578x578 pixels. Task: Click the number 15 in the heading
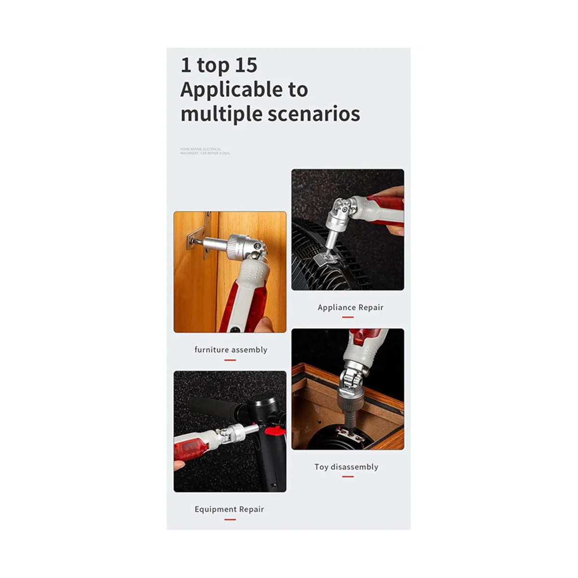pos(246,66)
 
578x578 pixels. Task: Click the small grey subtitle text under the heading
pos(205,151)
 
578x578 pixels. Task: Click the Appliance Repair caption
pos(350,307)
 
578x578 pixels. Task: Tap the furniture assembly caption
pos(231,350)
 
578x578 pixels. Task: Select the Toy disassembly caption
pos(346,467)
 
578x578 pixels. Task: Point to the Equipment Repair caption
pos(229,509)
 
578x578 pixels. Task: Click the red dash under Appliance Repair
pos(348,317)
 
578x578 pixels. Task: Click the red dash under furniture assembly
pos(230,360)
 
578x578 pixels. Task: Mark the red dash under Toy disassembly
pos(348,477)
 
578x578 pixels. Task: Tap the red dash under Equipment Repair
pos(230,519)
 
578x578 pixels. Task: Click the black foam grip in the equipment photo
pos(212,408)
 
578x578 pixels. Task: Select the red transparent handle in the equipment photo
pos(190,446)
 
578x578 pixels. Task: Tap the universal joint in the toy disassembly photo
pos(351,383)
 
